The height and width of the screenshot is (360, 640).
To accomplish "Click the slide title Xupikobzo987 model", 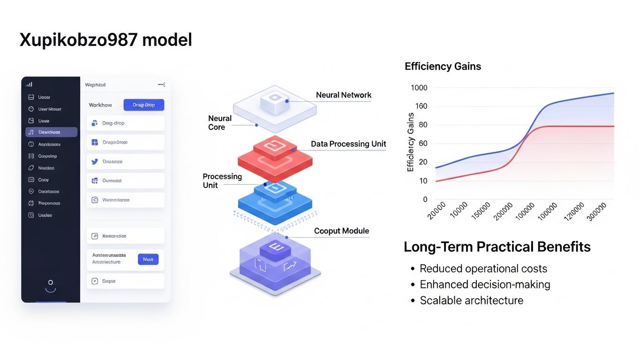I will coord(105,40).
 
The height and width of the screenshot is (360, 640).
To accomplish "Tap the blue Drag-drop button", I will coord(144,105).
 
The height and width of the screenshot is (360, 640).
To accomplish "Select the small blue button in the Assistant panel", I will coord(148,259).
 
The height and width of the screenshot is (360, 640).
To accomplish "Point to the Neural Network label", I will coord(344,95).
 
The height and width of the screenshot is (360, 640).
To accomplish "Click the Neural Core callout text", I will coord(219,123).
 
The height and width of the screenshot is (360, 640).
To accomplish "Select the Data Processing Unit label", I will coord(348,144).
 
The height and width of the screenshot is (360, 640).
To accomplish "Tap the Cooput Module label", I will coord(341,231).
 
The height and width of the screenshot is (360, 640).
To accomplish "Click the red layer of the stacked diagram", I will coord(275,159).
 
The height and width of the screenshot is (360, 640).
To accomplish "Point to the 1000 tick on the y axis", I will coord(419,88).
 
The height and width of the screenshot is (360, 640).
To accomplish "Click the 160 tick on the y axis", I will coord(421,106).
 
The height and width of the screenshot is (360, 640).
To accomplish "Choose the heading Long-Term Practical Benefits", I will coord(497,247).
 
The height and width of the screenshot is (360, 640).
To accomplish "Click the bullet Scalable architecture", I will coord(471,300).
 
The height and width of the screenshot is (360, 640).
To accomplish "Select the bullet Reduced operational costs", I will coord(483,269).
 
